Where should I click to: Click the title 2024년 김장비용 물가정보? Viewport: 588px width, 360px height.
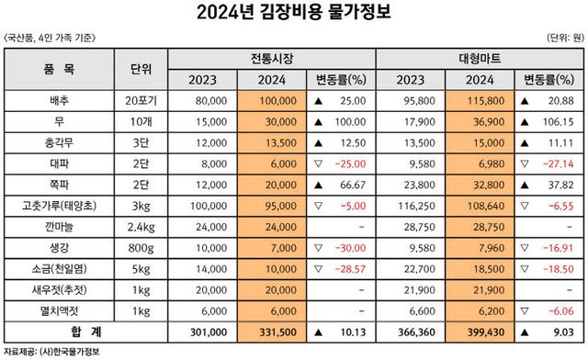point(294,13)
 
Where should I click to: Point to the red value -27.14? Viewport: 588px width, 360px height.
point(558,163)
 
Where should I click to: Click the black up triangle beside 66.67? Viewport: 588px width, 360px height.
point(318,184)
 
